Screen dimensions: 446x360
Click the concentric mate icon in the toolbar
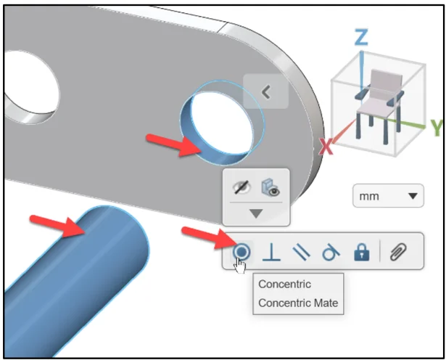pos(241,252)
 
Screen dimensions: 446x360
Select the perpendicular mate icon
pos(271,252)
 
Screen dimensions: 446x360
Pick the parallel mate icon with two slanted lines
pos(301,252)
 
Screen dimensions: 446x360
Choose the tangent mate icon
pos(331,252)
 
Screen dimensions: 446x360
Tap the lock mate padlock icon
pos(362,252)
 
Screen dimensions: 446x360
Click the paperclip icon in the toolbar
pos(398,252)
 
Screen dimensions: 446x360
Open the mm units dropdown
pos(388,196)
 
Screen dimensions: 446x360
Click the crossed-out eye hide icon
pos(241,187)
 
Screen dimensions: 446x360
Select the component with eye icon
pos(271,187)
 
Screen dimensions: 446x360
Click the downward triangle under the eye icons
pos(256,213)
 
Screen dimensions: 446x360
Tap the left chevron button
pos(266,91)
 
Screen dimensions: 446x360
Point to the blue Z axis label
pos(361,37)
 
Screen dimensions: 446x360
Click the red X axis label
pos(326,147)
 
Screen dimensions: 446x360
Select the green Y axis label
pos(437,128)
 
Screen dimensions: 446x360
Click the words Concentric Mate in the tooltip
pos(298,303)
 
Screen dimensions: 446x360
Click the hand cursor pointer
pos(240,266)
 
